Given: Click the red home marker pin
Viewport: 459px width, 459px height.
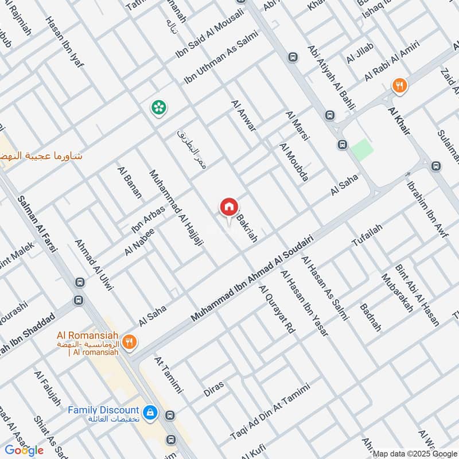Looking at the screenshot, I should [x=228, y=207].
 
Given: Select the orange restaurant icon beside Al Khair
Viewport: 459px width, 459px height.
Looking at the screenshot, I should [x=400, y=86].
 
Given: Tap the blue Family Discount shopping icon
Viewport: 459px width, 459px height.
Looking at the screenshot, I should [x=150, y=413].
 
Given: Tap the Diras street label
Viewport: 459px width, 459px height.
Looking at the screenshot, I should [x=213, y=388].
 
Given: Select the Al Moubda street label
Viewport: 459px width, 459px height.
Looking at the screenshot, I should [x=294, y=162].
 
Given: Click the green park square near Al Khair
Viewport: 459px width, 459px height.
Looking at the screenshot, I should [x=362, y=150].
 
